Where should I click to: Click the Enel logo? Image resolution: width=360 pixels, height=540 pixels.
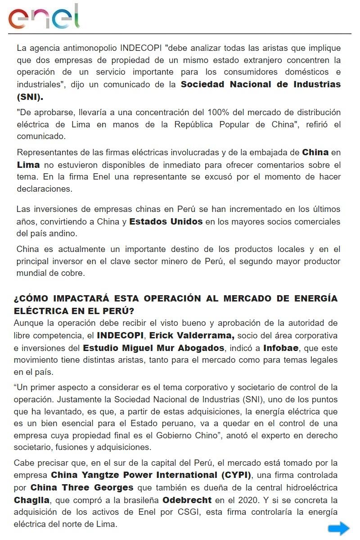(44, 17)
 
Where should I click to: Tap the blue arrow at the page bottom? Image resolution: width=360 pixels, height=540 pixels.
(338, 528)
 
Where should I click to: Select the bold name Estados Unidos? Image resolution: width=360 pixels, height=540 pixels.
(166, 222)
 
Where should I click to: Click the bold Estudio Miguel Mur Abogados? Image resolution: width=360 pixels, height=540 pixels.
(153, 348)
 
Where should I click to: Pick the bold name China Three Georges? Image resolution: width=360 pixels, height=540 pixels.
(82, 488)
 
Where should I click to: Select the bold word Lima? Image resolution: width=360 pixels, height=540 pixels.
(28, 165)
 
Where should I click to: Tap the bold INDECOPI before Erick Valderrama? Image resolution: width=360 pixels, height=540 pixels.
(121, 336)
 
